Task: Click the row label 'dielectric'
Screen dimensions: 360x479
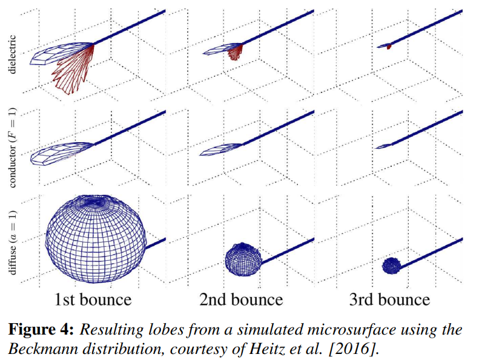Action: (13, 53)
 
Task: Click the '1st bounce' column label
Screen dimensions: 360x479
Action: (93, 299)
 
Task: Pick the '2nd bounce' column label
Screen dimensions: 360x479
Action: (242, 299)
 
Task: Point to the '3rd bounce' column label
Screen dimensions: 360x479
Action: (389, 299)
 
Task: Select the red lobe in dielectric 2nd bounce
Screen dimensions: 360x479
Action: (237, 53)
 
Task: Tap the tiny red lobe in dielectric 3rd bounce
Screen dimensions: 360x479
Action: (389, 46)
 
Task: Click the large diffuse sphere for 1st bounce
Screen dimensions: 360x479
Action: (95, 237)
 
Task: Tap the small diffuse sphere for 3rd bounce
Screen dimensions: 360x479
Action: (392, 265)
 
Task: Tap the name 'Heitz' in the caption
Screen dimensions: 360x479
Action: (273, 349)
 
